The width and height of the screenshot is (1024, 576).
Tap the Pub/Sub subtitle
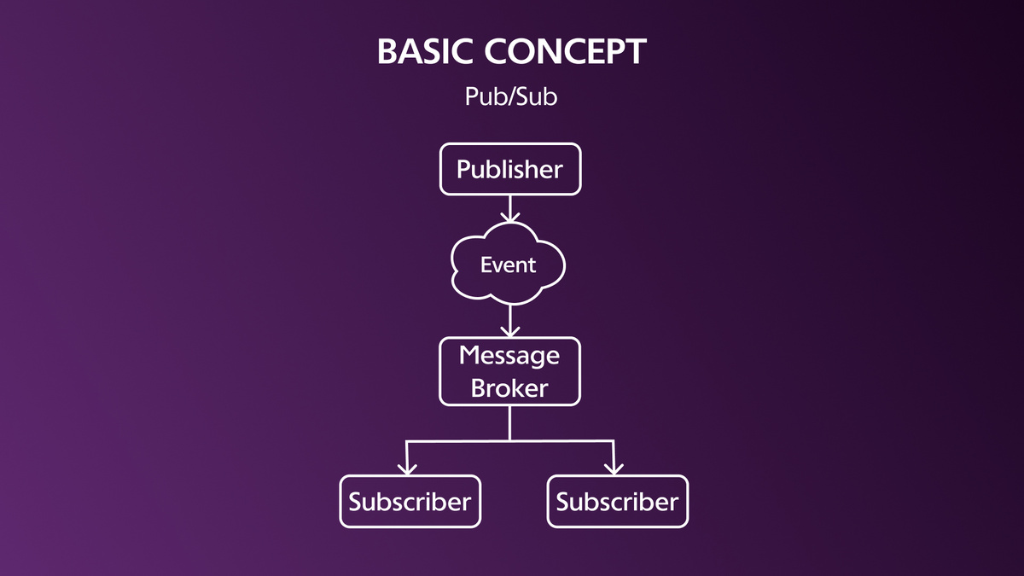click(x=511, y=96)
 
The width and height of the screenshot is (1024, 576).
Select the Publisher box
click(x=510, y=169)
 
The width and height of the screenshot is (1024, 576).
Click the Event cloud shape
click(x=509, y=264)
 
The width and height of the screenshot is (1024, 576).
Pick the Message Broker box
click(x=509, y=372)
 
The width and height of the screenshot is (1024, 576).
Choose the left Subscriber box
click(x=410, y=502)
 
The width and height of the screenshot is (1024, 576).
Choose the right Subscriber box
click(x=618, y=502)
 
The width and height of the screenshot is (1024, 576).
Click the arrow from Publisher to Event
click(x=509, y=209)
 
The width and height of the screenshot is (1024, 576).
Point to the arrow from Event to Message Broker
click(x=509, y=321)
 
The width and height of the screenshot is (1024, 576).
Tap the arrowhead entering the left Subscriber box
click(x=407, y=469)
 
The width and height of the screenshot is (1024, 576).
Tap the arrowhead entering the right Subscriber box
click(x=614, y=469)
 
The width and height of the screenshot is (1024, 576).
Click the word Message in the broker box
click(x=509, y=357)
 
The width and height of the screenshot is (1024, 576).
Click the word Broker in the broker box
click(x=509, y=388)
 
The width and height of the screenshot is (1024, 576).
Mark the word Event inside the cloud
click(x=508, y=265)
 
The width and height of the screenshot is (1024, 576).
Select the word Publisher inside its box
click(x=509, y=170)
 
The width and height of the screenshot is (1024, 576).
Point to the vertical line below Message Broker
click(x=509, y=423)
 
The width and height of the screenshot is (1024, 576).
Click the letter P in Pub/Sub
click(x=472, y=96)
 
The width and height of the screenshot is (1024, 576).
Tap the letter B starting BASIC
click(x=387, y=51)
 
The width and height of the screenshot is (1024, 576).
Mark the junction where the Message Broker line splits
click(x=509, y=440)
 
